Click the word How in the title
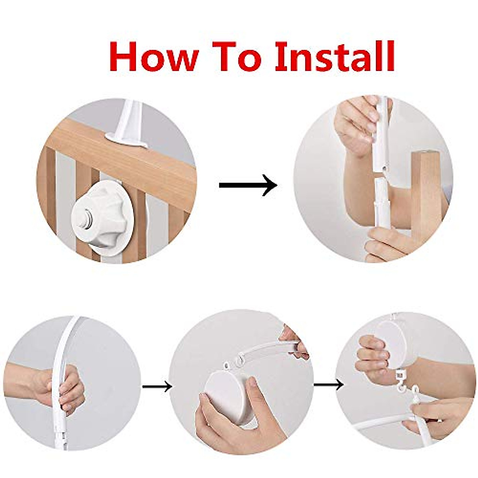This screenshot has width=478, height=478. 153,57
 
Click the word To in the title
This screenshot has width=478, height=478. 237,57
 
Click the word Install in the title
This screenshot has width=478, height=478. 335,57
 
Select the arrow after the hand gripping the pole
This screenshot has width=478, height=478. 157,386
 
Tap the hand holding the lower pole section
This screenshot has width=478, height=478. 388,244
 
